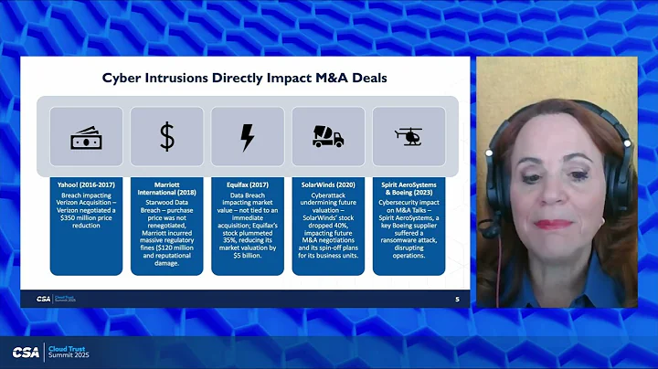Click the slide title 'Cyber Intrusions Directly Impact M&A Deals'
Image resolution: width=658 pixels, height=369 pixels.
244,79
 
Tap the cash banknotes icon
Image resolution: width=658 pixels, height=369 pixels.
86,137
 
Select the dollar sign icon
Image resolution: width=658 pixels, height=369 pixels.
166,137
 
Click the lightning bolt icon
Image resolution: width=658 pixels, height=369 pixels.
247,137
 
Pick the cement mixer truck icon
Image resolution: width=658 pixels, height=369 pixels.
327,137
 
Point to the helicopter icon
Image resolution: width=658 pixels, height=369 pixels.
408,136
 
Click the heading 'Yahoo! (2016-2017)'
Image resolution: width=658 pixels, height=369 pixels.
86,184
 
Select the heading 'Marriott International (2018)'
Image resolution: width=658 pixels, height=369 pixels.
166,189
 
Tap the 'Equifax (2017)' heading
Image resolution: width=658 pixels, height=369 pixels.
247,184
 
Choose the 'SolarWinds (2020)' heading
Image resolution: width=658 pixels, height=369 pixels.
327,184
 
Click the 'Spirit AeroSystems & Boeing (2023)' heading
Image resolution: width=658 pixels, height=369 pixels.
408,189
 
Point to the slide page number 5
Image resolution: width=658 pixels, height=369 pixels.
457,299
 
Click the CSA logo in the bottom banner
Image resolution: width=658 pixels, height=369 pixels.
26,353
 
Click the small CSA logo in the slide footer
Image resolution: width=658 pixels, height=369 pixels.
43,299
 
